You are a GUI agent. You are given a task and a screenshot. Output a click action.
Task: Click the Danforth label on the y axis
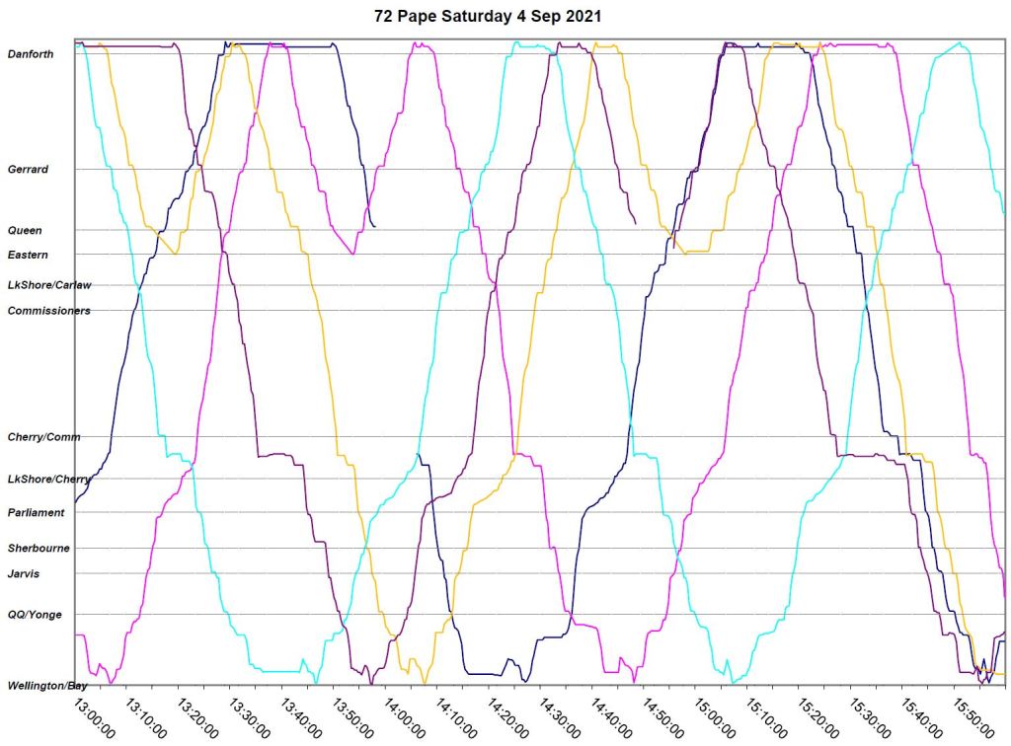(31, 54)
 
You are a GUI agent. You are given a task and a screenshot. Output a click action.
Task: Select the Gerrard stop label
(28, 170)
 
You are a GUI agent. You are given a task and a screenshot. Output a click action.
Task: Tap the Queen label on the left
(25, 231)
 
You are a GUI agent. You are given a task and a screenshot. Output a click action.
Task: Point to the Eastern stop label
(28, 256)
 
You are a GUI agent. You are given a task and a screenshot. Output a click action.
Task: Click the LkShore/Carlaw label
(49, 286)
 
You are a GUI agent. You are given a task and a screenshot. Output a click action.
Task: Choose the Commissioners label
(49, 311)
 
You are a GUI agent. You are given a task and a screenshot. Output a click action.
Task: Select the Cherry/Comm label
(44, 437)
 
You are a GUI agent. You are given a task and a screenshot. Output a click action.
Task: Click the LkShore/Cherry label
(49, 480)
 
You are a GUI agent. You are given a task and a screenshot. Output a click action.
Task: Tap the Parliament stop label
(37, 513)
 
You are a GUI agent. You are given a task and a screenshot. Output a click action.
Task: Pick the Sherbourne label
(39, 549)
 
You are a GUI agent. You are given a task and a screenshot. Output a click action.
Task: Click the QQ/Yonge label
(35, 615)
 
